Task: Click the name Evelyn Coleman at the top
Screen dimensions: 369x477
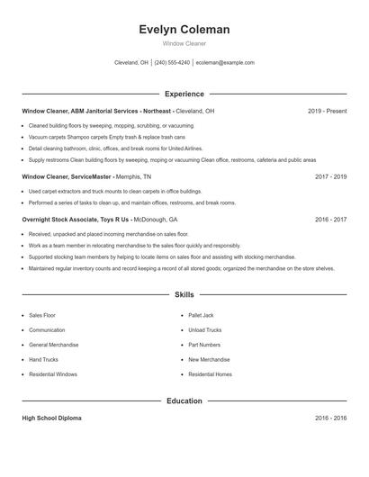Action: tap(184, 30)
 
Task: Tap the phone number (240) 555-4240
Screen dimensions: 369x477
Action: tap(172, 63)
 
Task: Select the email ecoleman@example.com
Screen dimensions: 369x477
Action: tap(225, 63)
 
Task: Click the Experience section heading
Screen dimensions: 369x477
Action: tap(184, 94)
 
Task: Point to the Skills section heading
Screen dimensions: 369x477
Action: tap(184, 294)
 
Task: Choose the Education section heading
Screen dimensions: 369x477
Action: tap(184, 400)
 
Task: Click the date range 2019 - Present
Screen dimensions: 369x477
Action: tap(327, 111)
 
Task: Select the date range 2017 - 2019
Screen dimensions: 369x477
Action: tap(330, 177)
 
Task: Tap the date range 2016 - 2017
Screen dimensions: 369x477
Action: tap(330, 219)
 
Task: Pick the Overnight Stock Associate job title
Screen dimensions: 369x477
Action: tap(76, 219)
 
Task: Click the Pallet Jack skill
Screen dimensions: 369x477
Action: tap(202, 316)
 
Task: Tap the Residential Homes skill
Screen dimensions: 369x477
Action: tap(210, 373)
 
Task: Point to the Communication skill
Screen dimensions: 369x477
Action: tap(47, 330)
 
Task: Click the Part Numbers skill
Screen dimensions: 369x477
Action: tap(204, 345)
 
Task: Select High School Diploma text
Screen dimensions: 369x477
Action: tap(52, 418)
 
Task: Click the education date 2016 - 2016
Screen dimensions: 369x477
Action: tap(330, 418)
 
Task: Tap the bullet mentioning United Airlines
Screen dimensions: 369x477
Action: tap(115, 148)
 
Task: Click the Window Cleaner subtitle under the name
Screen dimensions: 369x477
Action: tap(184, 43)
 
